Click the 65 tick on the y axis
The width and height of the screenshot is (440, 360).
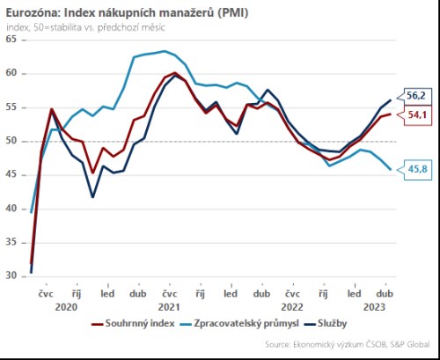[11, 40]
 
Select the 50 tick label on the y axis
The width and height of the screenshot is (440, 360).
[11, 141]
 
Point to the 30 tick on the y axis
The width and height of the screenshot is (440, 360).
[11, 276]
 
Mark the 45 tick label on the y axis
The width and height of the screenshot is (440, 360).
[11, 175]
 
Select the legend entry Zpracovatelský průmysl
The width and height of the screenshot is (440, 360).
[236, 324]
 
